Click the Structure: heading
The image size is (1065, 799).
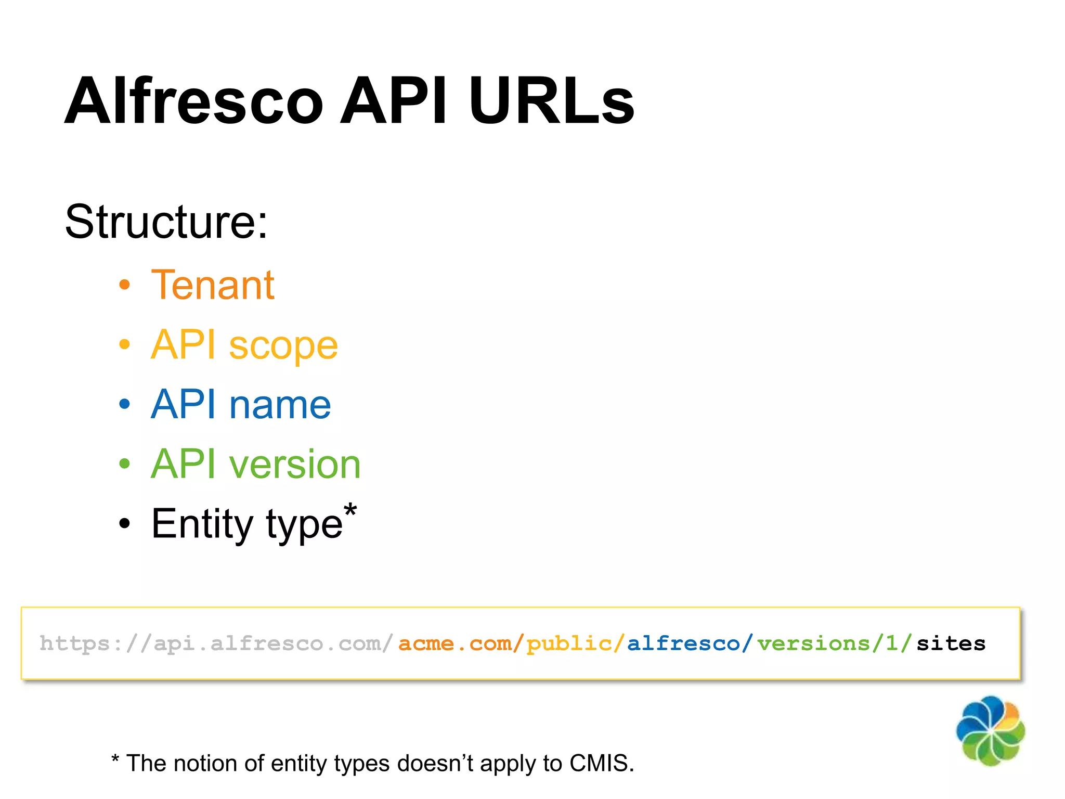tap(166, 222)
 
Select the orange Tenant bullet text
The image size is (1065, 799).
tap(213, 285)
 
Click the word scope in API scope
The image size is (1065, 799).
tap(283, 345)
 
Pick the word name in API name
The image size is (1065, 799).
tap(280, 405)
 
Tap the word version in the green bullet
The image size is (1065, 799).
tap(295, 464)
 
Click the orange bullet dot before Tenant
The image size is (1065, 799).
tap(124, 285)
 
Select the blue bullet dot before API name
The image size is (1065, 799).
tap(124, 404)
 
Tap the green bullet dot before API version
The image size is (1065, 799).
tap(124, 463)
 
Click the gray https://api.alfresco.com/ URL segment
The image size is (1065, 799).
tap(216, 643)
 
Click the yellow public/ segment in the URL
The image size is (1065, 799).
tap(575, 643)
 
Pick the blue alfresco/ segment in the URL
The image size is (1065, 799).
tap(690, 643)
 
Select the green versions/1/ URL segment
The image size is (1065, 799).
tap(834, 643)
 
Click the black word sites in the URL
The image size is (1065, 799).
tap(951, 643)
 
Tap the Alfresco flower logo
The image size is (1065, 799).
tap(990, 730)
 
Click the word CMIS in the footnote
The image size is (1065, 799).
tap(601, 764)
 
